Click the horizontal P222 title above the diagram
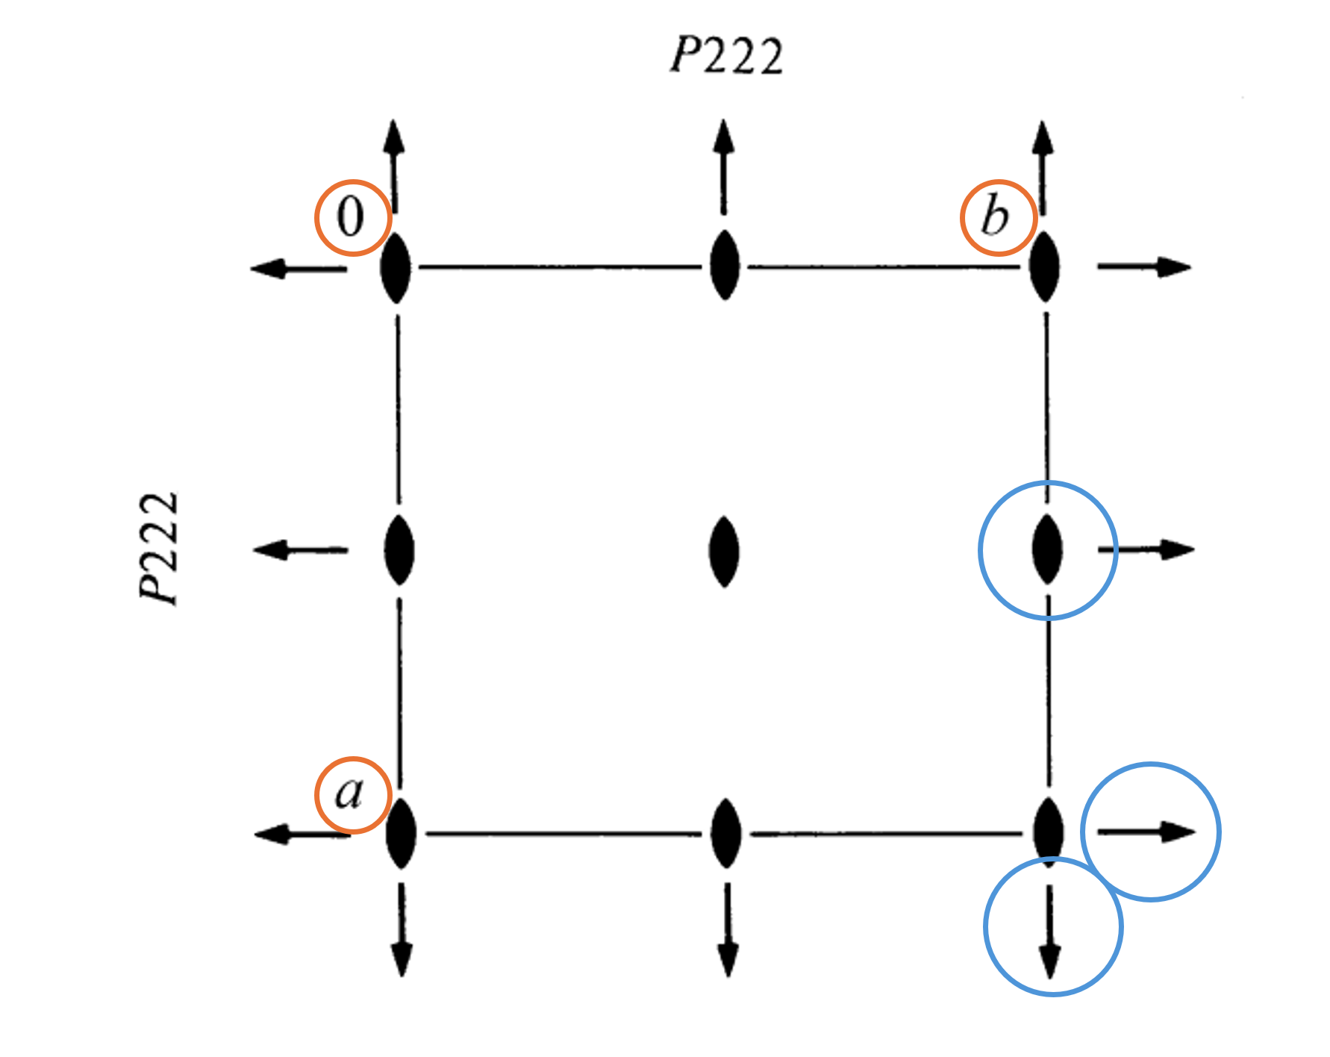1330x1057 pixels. pos(726,56)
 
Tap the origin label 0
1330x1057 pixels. pos(351,217)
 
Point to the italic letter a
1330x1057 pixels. pos(349,793)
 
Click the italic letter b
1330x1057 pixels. pos(995,217)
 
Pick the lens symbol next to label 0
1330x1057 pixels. pos(396,267)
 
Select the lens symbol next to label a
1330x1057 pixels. pos(402,833)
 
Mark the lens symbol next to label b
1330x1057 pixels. pos(1044,266)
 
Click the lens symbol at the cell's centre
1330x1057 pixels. pos(724,552)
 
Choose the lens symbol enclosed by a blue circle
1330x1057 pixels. pos(1047,549)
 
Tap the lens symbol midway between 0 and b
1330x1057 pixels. pos(724,266)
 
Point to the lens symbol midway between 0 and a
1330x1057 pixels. pos(399,550)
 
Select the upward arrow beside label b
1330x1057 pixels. pos(1043,168)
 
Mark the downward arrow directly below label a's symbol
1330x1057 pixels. pos(402,930)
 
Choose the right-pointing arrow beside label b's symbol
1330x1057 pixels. pos(1143,266)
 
